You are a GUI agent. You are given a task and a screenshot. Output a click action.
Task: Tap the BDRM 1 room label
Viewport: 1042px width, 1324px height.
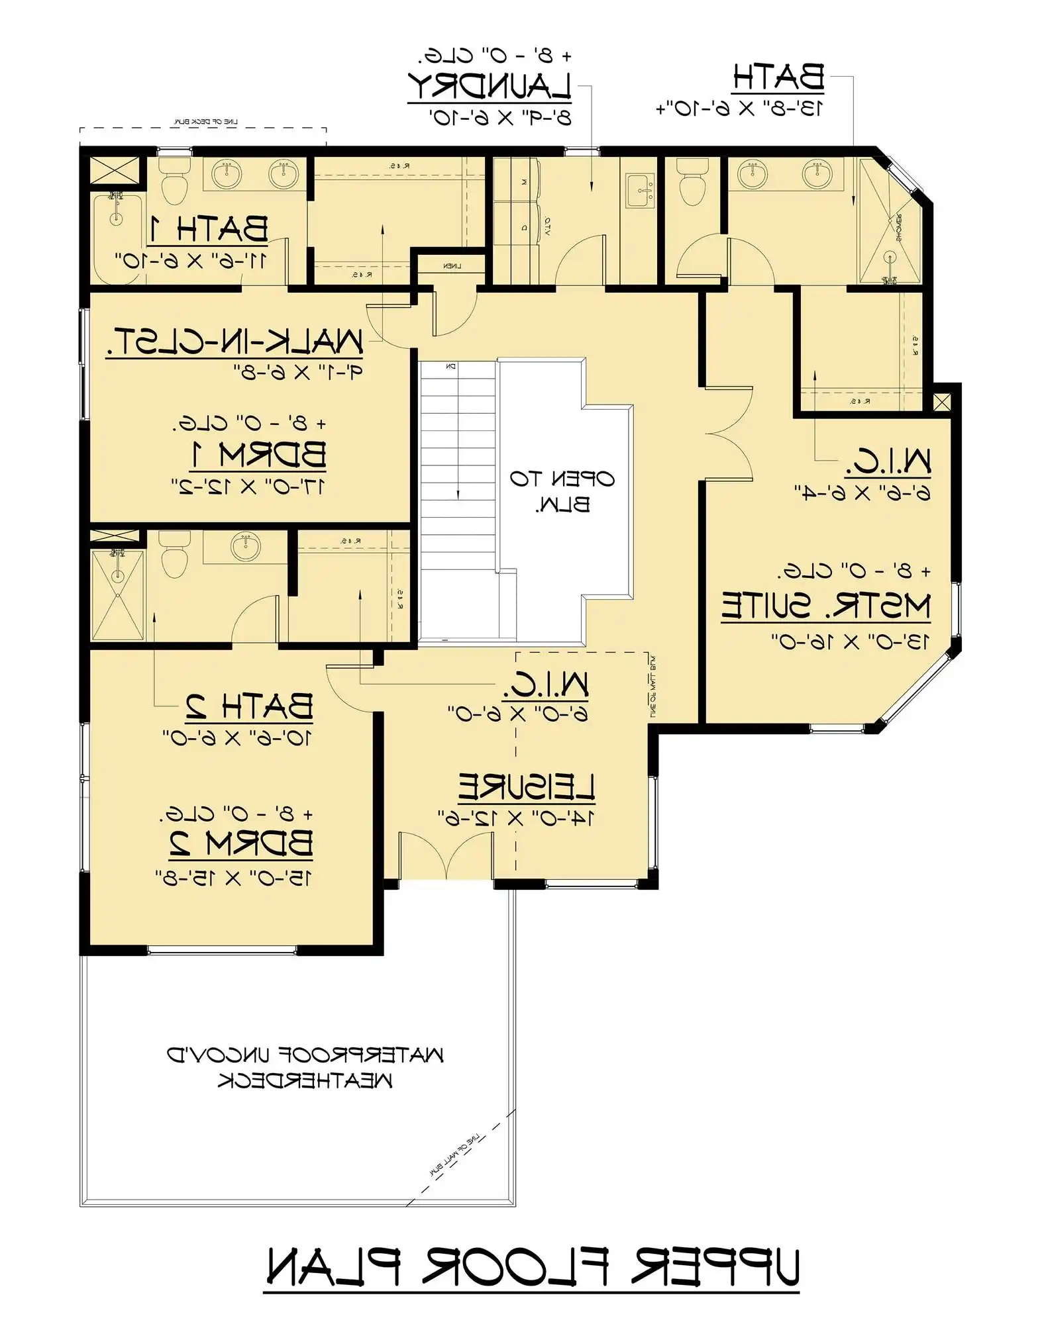tap(258, 455)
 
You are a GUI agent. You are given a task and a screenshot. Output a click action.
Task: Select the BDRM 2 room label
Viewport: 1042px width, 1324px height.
tap(241, 843)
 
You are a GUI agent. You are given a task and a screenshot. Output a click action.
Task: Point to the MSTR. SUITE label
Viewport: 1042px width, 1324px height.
tap(825, 606)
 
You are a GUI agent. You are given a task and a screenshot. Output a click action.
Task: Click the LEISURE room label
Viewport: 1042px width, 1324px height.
tap(526, 787)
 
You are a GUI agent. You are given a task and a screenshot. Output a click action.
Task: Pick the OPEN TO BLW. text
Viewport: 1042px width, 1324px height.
tap(562, 491)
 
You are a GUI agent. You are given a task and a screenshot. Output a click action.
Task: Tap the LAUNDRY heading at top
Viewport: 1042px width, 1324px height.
tap(489, 86)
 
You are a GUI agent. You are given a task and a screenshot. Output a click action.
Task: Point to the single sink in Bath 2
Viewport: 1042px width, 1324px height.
tap(246, 545)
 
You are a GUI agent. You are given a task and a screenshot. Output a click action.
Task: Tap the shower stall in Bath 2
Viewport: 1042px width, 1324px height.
tap(117, 585)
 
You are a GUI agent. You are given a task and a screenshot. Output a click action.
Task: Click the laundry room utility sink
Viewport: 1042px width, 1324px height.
tap(640, 190)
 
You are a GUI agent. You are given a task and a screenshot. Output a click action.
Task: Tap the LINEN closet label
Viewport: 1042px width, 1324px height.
tap(452, 266)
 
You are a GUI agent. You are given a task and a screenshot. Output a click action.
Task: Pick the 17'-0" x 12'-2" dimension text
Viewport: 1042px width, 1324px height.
tap(248, 487)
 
